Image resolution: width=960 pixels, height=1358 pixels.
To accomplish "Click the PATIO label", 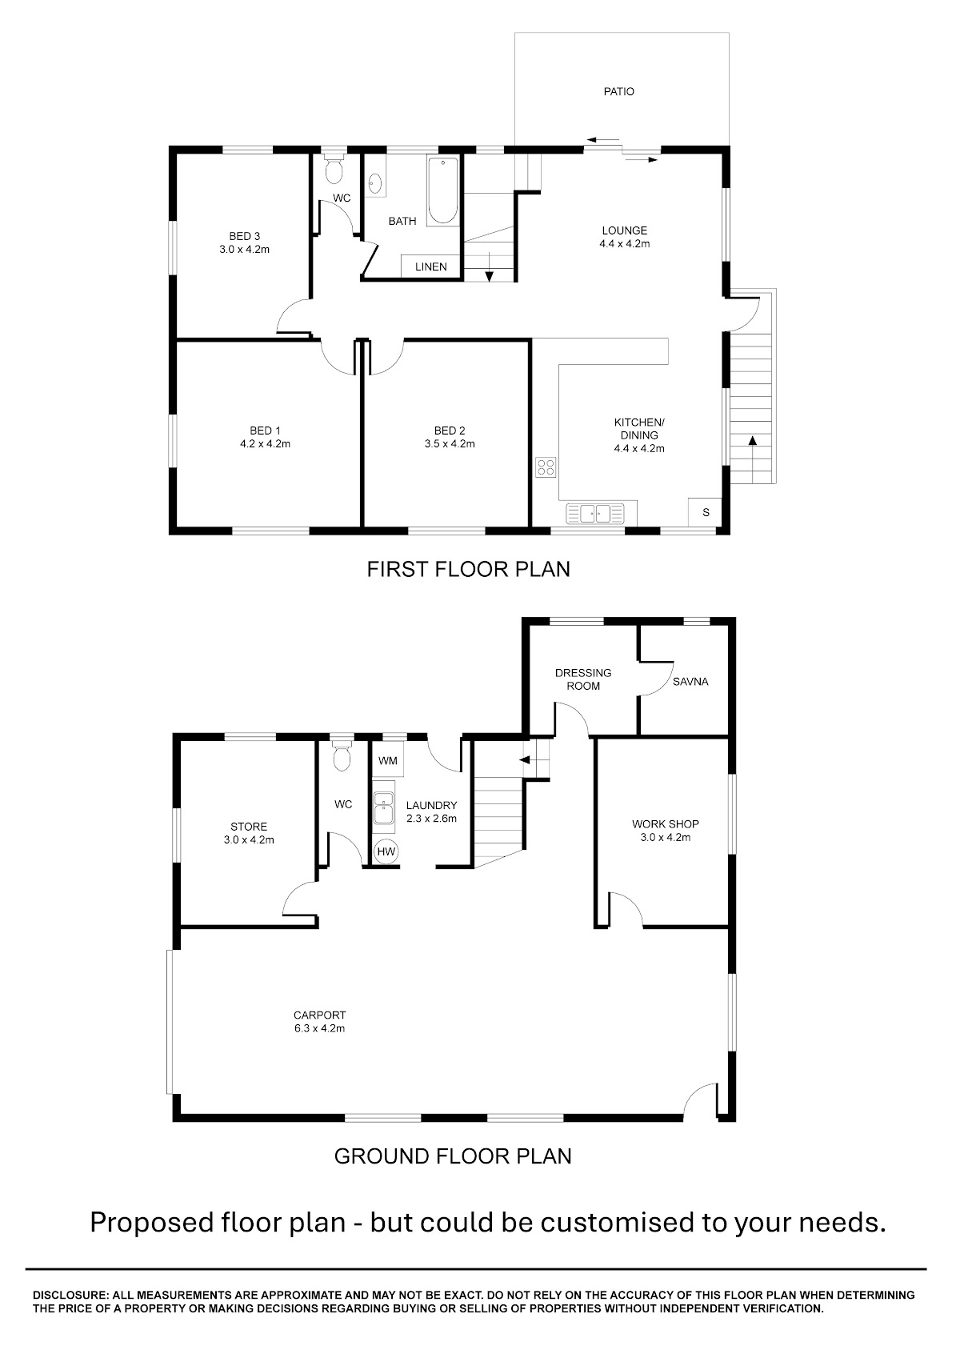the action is coord(618,91).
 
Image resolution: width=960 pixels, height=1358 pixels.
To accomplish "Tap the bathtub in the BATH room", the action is coord(443,191).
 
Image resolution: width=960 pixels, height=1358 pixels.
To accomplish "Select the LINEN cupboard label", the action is coord(431,266).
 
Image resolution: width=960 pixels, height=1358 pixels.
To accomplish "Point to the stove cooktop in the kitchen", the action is coord(546,467).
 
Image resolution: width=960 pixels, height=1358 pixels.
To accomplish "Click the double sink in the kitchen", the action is coord(595,514).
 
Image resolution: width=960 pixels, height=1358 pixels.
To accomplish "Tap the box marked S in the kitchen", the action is coord(705,512).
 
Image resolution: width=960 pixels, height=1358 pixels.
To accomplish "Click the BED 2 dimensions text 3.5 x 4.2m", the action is coord(450,444).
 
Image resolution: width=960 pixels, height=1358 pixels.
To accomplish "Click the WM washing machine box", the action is coord(387,761).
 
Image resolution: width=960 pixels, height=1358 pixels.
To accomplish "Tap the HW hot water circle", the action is coord(386,851).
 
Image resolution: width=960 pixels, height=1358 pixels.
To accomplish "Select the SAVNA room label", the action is coord(690,682).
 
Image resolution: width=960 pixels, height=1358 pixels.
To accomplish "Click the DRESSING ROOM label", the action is coord(583,679).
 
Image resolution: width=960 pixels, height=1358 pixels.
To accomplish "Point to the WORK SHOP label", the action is coord(666,824).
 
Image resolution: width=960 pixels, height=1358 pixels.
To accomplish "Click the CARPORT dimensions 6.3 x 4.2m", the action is coord(319,1028).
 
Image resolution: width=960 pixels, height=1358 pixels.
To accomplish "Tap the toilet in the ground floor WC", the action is coord(342,755).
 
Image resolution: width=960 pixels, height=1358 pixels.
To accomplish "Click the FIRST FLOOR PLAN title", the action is coord(469,569).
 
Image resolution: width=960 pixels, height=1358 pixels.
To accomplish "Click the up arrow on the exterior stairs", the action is coord(753,459).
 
